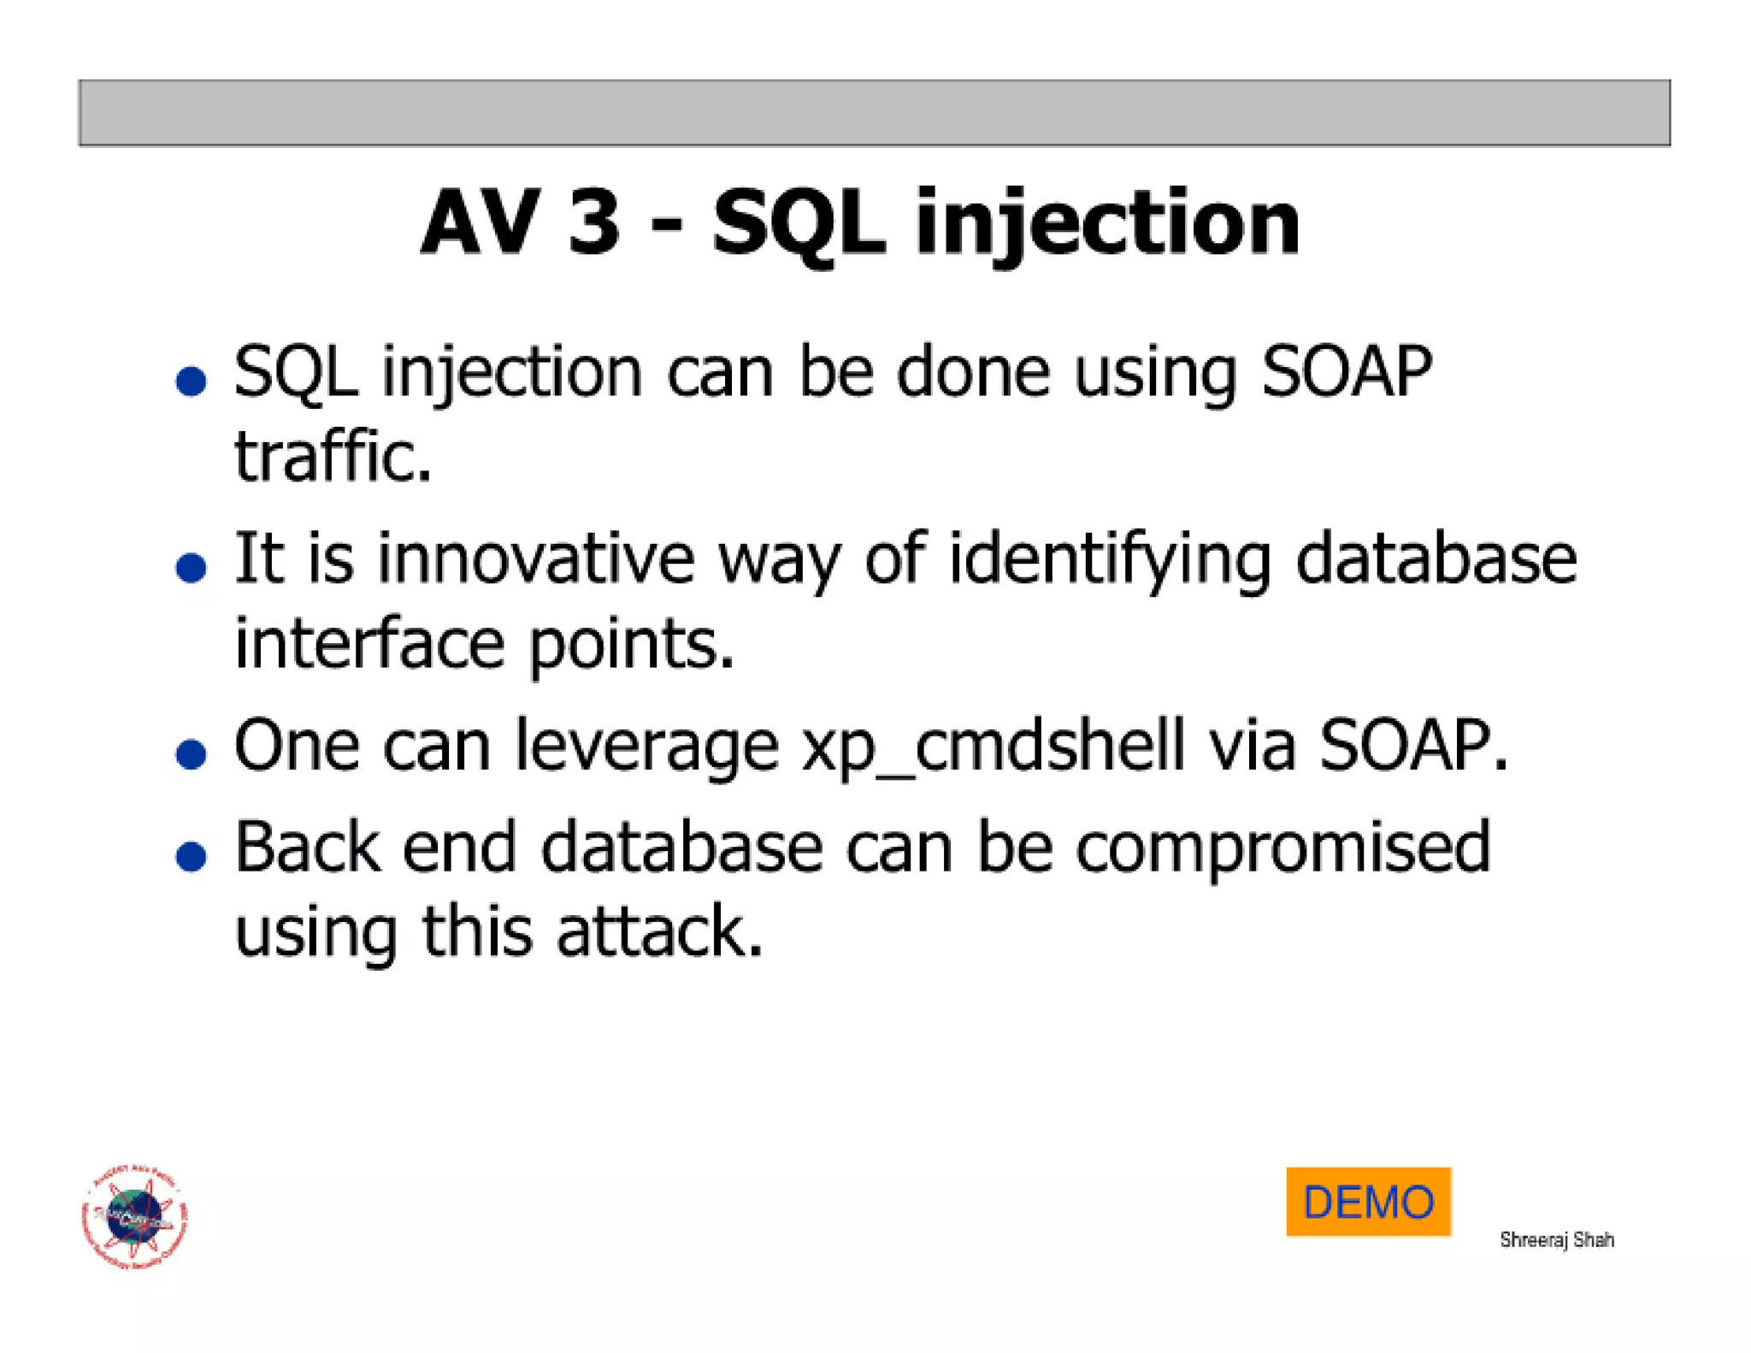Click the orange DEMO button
pos(1368,1201)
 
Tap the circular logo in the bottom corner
pos(134,1217)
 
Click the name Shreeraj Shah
pos(1556,1239)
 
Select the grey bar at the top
pos(874,113)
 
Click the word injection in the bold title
pos(1107,224)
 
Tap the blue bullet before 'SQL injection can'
pos(191,381)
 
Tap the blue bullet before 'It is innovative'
pos(191,567)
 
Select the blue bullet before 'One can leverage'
pos(191,753)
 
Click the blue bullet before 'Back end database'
pos(191,855)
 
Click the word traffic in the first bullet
pos(333,457)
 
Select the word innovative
pos(536,558)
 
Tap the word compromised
pos(1282,848)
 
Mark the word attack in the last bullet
pos(659,931)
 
